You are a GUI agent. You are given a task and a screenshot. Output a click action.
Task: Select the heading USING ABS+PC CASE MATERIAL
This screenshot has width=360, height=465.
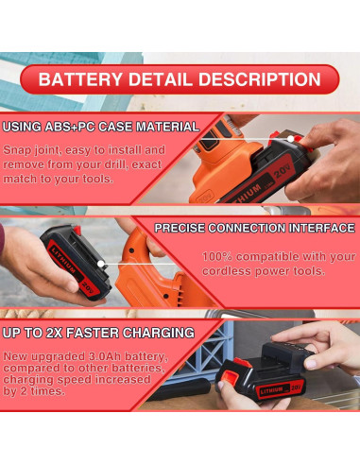pyautogui.click(x=100, y=126)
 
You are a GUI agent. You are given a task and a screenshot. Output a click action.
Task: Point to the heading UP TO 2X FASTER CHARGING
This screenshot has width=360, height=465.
pyautogui.click(x=98, y=333)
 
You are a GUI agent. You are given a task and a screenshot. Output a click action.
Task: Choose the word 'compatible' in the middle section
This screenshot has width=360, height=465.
pyautogui.click(x=273, y=256)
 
